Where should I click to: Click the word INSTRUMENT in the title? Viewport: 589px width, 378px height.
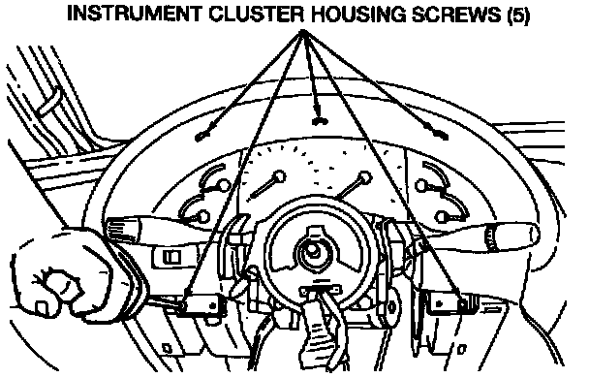[x=135, y=15]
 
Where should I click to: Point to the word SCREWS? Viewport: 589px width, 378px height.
[x=456, y=15]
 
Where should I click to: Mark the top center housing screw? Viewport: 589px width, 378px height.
[x=320, y=121]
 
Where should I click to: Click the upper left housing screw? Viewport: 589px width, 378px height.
[x=202, y=136]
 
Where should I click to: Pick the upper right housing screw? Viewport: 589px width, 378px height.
[x=440, y=135]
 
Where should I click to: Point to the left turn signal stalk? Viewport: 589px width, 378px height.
[x=158, y=229]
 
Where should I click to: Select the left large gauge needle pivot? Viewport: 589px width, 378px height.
[x=279, y=176]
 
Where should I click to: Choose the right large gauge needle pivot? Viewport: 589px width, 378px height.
[x=364, y=178]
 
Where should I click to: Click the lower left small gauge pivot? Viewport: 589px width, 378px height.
[x=203, y=217]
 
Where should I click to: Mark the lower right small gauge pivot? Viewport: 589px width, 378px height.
[x=442, y=217]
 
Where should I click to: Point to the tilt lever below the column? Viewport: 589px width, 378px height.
[x=318, y=327]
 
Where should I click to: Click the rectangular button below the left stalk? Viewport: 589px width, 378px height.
[x=171, y=257]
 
